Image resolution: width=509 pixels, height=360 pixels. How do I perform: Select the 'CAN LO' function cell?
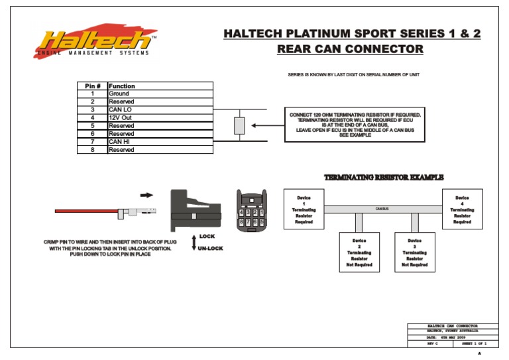coord(159,110)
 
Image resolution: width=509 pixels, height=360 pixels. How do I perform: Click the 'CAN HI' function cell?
coord(159,142)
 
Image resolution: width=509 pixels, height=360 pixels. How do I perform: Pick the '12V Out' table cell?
coord(159,118)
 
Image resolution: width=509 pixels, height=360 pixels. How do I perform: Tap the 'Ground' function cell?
coord(159,94)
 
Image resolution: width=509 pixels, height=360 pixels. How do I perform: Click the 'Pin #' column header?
coord(92,86)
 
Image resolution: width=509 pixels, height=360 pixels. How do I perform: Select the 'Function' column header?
coord(159,86)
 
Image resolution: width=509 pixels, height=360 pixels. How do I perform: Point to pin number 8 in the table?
coord(92,150)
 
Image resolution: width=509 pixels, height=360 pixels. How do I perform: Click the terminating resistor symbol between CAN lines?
coord(240,125)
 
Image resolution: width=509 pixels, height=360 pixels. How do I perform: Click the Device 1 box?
coord(304,210)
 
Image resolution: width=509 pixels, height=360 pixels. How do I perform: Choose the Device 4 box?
coord(462,210)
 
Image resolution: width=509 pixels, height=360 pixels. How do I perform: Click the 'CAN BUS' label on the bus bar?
coord(382,209)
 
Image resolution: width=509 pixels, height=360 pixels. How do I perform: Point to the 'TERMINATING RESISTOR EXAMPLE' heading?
coord(383,177)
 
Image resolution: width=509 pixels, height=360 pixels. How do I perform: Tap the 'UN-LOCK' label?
coord(210,249)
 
